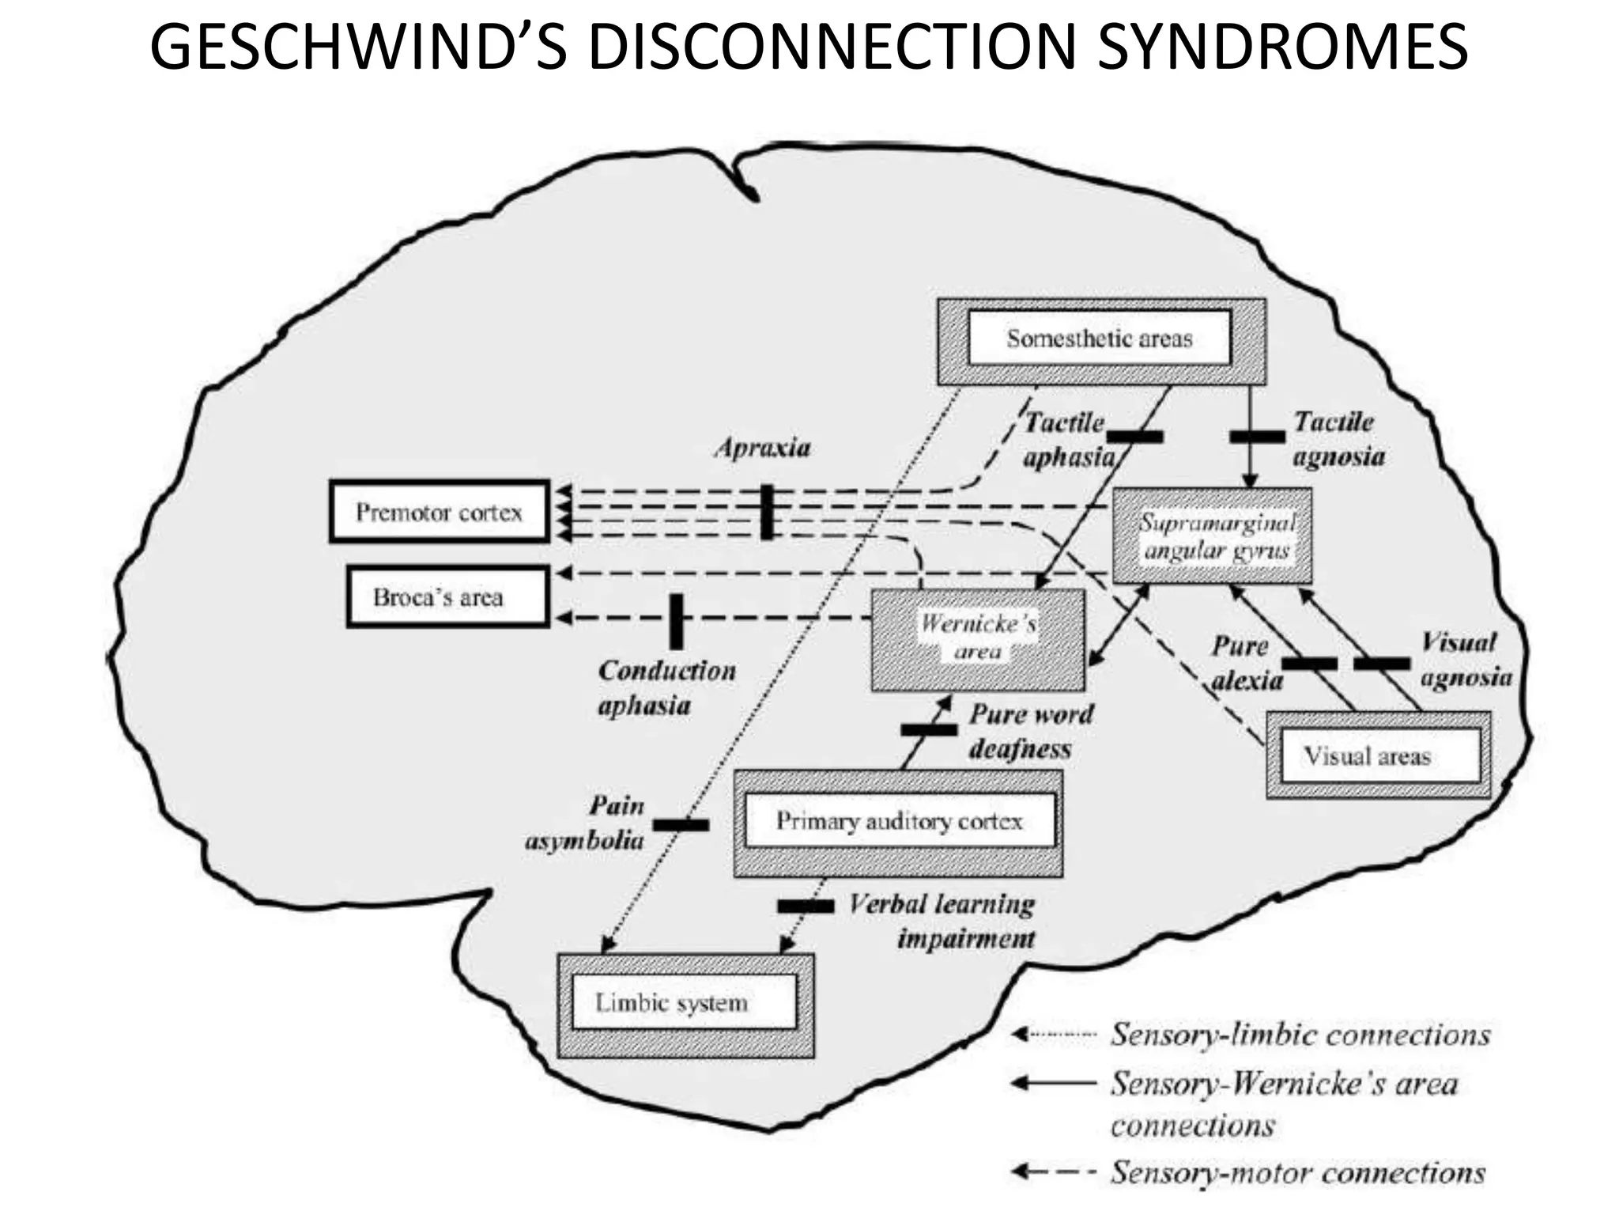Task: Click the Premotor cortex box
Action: tap(439, 512)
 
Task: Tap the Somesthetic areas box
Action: tap(1100, 340)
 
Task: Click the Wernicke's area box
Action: tap(978, 639)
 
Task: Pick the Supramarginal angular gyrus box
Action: tap(1213, 536)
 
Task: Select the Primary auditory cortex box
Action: tap(898, 823)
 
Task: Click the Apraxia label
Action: tap(763, 449)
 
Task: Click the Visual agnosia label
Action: tap(1464, 660)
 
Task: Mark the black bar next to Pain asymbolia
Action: tap(681, 825)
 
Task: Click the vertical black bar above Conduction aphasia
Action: tap(676, 622)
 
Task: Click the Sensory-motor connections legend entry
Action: tap(1296, 1172)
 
